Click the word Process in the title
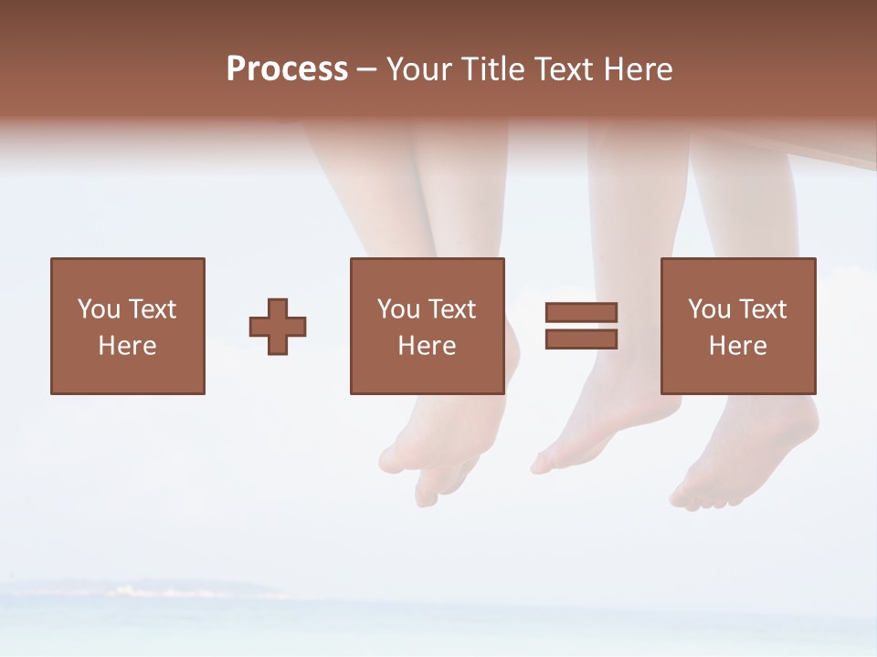click(287, 69)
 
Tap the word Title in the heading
click(494, 69)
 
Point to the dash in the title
click(367, 70)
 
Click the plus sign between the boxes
click(278, 327)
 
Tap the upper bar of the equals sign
click(581, 312)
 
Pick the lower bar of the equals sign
click(581, 339)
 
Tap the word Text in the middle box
click(452, 309)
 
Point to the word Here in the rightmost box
click(737, 346)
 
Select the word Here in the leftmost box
click(127, 346)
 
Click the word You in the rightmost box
click(709, 309)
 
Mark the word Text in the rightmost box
click(763, 309)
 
